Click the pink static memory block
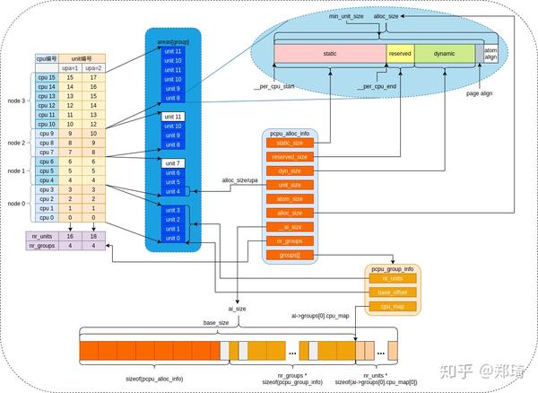329,55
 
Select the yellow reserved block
400,55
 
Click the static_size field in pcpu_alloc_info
290,144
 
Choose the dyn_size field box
290,170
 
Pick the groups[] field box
290,255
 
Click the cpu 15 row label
47,79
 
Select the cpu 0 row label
47,216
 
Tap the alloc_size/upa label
239,181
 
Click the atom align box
490,55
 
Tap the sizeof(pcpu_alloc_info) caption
154,380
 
